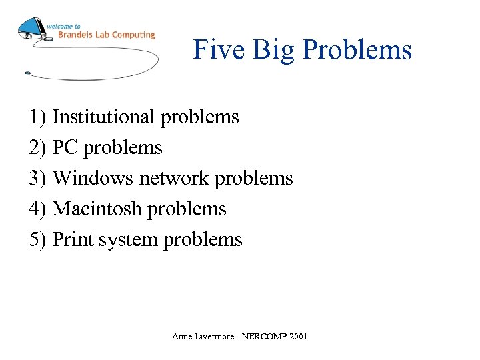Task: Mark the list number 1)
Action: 38,117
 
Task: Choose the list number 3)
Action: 38,178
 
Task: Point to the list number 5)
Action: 38,239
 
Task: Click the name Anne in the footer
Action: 181,337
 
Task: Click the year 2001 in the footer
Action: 298,337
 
